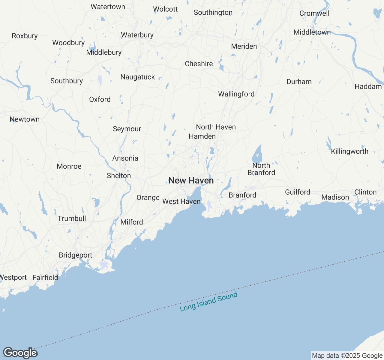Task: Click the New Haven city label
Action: (191, 181)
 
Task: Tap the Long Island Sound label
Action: (208, 301)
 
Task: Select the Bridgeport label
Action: (76, 255)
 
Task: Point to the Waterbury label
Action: (137, 35)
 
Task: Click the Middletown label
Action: (312, 32)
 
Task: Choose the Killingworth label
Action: (349, 151)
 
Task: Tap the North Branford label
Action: (261, 169)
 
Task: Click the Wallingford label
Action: (236, 94)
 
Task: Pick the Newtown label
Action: (25, 119)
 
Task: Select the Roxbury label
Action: (25, 36)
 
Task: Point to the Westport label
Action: (13, 277)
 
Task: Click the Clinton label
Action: (365, 192)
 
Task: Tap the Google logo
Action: (20, 353)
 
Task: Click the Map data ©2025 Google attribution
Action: (347, 356)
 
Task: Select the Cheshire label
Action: (199, 64)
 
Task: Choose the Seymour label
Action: (127, 129)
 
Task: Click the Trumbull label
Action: (72, 219)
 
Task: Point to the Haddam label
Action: (368, 87)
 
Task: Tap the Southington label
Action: (213, 13)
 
